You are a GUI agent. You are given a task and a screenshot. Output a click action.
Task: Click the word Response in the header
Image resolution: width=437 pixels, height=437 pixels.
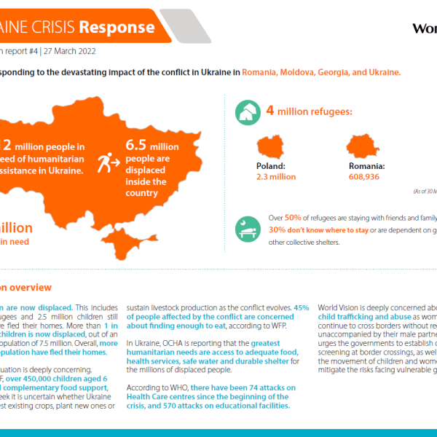(x=116, y=27)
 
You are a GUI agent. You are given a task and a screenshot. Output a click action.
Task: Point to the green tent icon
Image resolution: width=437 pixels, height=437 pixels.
(x=247, y=112)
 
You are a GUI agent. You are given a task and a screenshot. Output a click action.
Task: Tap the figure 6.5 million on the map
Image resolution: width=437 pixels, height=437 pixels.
(x=151, y=146)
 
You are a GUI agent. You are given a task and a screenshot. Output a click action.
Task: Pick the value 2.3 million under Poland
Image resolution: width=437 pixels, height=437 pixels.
(x=275, y=177)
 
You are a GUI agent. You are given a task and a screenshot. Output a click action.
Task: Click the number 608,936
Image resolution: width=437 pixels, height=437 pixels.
(x=364, y=177)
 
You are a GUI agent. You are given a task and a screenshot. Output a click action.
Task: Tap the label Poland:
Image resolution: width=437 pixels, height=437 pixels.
(x=270, y=166)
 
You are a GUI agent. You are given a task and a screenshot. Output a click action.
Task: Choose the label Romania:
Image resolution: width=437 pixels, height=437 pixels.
(x=366, y=166)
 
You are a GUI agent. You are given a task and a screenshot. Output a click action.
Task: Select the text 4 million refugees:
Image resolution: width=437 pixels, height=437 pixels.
(x=309, y=111)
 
